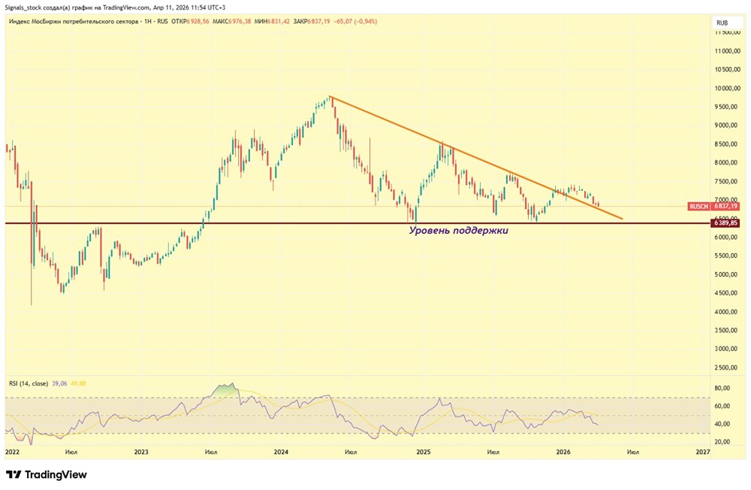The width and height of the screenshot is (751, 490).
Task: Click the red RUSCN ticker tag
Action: pyautogui.click(x=698, y=206)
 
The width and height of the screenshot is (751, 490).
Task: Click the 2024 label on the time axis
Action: pyautogui.click(x=281, y=452)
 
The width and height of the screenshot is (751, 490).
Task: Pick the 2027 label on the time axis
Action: pyautogui.click(x=703, y=452)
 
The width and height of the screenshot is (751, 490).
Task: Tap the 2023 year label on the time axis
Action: pyautogui.click(x=141, y=452)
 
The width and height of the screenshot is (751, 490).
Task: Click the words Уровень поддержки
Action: pyautogui.click(x=458, y=231)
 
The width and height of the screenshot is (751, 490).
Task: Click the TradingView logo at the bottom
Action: pyautogui.click(x=47, y=474)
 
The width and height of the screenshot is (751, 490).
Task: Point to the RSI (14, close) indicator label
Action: pyautogui.click(x=29, y=383)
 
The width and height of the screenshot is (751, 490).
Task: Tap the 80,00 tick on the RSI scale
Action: pyautogui.click(x=722, y=389)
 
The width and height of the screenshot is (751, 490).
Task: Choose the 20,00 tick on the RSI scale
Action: pyautogui.click(x=722, y=442)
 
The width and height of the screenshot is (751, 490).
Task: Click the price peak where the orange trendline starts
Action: pyautogui.click(x=330, y=97)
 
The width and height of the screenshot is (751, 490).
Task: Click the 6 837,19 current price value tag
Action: pyautogui.click(x=727, y=206)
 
